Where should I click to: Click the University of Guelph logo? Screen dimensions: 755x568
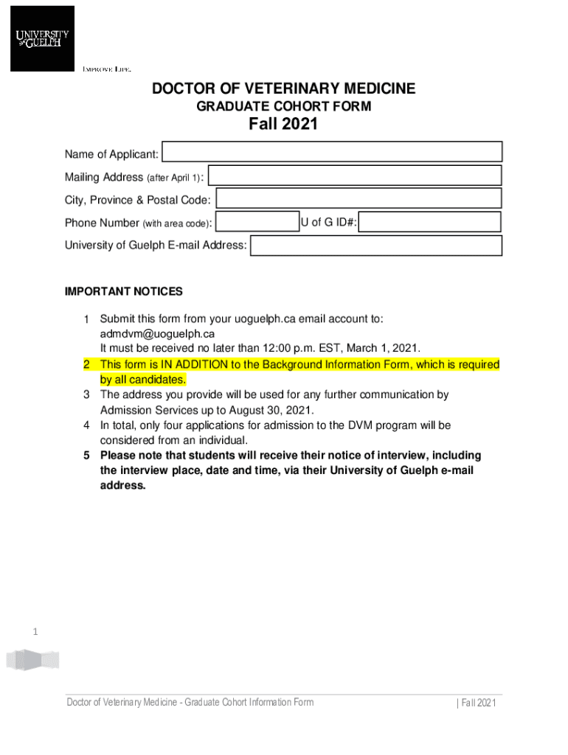click(x=42, y=38)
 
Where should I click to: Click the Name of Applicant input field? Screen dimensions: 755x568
click(x=332, y=152)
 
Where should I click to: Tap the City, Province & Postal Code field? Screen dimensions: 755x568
click(x=359, y=198)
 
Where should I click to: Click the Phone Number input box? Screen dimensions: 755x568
click(x=257, y=222)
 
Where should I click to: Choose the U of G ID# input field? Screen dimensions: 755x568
click(x=430, y=222)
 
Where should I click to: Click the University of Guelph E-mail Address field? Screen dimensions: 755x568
click(x=376, y=246)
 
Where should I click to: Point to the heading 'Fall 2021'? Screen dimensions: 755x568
click(x=283, y=124)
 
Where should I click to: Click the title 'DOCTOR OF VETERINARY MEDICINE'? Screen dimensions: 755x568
click(x=283, y=89)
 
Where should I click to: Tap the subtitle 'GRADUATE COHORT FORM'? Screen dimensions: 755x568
click(x=283, y=107)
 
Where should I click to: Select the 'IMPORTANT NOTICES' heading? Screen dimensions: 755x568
click(x=123, y=291)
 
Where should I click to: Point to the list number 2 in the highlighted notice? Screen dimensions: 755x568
click(x=86, y=364)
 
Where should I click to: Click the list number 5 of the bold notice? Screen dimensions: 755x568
click(x=86, y=455)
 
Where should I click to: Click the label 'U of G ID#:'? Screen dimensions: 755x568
click(x=329, y=223)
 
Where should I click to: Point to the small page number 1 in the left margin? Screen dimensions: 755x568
click(x=35, y=632)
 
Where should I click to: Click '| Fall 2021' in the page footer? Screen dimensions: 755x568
click(x=476, y=703)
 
